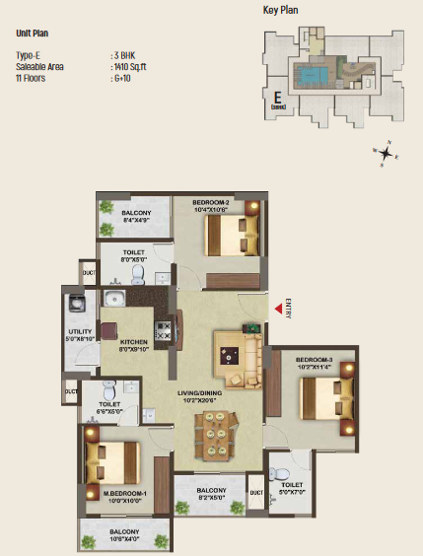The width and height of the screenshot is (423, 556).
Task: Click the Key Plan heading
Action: click(281, 10)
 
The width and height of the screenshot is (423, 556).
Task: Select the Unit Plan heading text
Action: click(34, 33)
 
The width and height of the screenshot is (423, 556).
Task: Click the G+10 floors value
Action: click(123, 76)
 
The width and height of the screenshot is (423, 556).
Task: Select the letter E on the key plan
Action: click(278, 99)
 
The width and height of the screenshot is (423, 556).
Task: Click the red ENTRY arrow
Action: click(276, 313)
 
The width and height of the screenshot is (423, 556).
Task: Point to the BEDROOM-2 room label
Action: click(211, 203)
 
